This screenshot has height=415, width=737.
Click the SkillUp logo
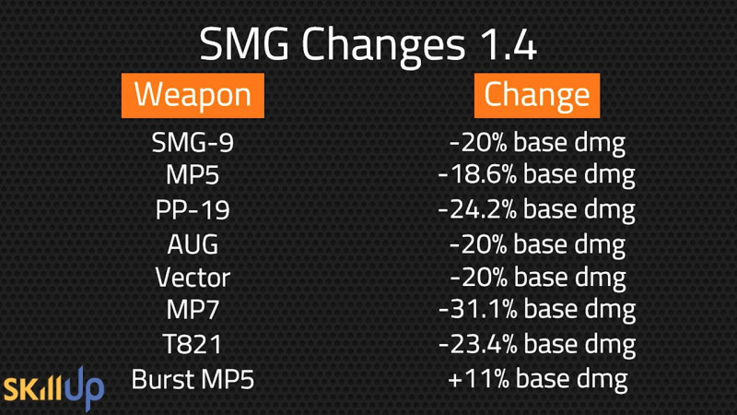(53, 388)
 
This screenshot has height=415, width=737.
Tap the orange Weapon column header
(193, 96)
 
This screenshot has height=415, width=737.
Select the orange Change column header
(537, 96)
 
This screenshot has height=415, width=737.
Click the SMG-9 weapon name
(193, 142)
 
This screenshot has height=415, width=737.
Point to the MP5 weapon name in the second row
(193, 175)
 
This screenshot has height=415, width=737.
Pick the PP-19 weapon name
(193, 210)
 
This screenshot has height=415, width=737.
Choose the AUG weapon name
(193, 244)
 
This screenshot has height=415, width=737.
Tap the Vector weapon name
(193, 278)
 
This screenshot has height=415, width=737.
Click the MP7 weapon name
(193, 310)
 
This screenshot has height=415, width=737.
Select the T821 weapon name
(193, 344)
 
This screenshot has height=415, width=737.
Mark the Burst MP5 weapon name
(193, 379)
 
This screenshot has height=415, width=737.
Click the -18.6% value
(477, 174)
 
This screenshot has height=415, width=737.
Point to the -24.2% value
(477, 209)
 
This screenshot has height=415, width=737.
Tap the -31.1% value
(477, 310)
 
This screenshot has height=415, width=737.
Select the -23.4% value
(477, 344)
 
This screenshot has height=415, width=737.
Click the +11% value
(479, 379)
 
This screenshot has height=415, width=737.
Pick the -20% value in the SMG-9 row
(478, 142)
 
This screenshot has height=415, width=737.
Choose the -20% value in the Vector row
(478, 278)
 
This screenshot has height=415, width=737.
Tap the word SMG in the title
(244, 43)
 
